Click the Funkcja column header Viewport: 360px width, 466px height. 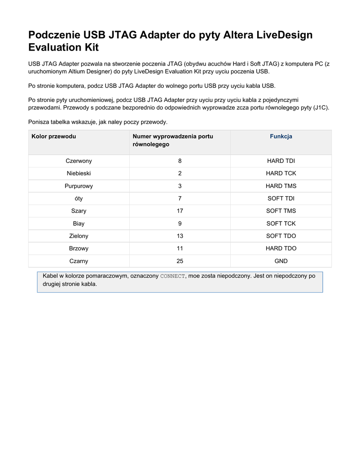(281, 137)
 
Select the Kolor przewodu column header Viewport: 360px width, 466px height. (54, 137)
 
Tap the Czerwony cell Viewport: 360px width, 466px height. (79, 161)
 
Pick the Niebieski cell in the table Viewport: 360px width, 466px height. (79, 173)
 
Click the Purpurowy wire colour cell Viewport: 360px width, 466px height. (79, 186)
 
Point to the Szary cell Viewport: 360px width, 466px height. (79, 211)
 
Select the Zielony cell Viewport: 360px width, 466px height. (79, 236)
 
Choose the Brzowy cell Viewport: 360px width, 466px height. (79, 248)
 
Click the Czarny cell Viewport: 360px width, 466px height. (79, 261)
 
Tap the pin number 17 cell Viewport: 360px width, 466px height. (180, 211)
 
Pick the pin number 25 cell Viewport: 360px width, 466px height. (180, 261)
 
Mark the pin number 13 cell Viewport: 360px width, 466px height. (180, 236)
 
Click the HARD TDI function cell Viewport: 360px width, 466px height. (281, 161)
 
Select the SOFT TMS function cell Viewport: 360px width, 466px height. (281, 211)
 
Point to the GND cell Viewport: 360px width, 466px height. (281, 261)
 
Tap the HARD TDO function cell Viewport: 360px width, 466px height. (281, 248)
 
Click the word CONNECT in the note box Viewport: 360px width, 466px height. (173, 276)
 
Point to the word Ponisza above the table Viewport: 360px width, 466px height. (40, 122)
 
